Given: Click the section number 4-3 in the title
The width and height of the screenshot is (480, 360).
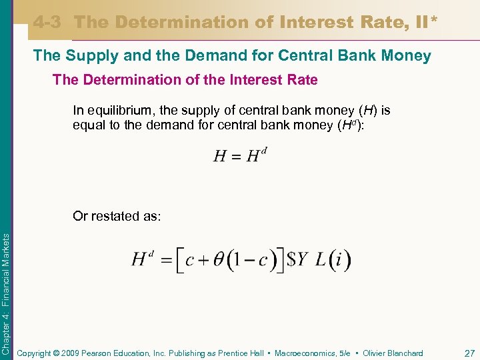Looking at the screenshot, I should point(48,22).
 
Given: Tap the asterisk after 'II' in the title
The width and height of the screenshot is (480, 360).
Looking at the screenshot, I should point(435,20).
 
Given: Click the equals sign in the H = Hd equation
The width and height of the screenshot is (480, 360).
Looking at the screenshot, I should point(235,157).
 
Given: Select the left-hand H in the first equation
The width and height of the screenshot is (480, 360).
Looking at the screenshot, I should point(220,157).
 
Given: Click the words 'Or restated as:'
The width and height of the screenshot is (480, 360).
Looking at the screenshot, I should point(117,216).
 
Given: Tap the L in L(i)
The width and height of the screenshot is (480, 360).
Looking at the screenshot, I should point(320,260).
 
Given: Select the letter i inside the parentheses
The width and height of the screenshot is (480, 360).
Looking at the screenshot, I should point(339,260).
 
